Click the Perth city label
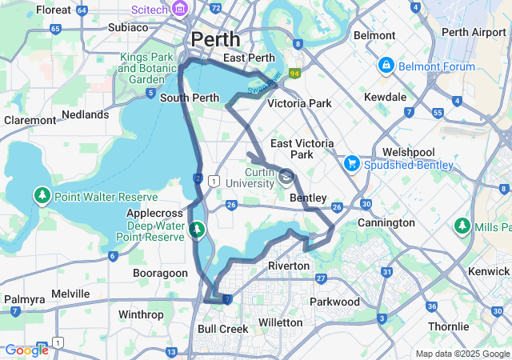tap(215, 38)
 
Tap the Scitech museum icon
tap(181, 9)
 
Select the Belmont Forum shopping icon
tap(386, 64)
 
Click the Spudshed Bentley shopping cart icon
tap(350, 163)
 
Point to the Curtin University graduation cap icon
tap(286, 177)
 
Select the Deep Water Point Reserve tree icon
tap(197, 231)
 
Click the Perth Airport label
tap(474, 32)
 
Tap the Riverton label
tap(288, 266)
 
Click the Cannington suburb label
tap(386, 222)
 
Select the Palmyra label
tap(24, 299)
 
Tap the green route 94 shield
tap(294, 74)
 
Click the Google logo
tap(26, 350)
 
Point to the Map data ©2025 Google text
tap(462, 354)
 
